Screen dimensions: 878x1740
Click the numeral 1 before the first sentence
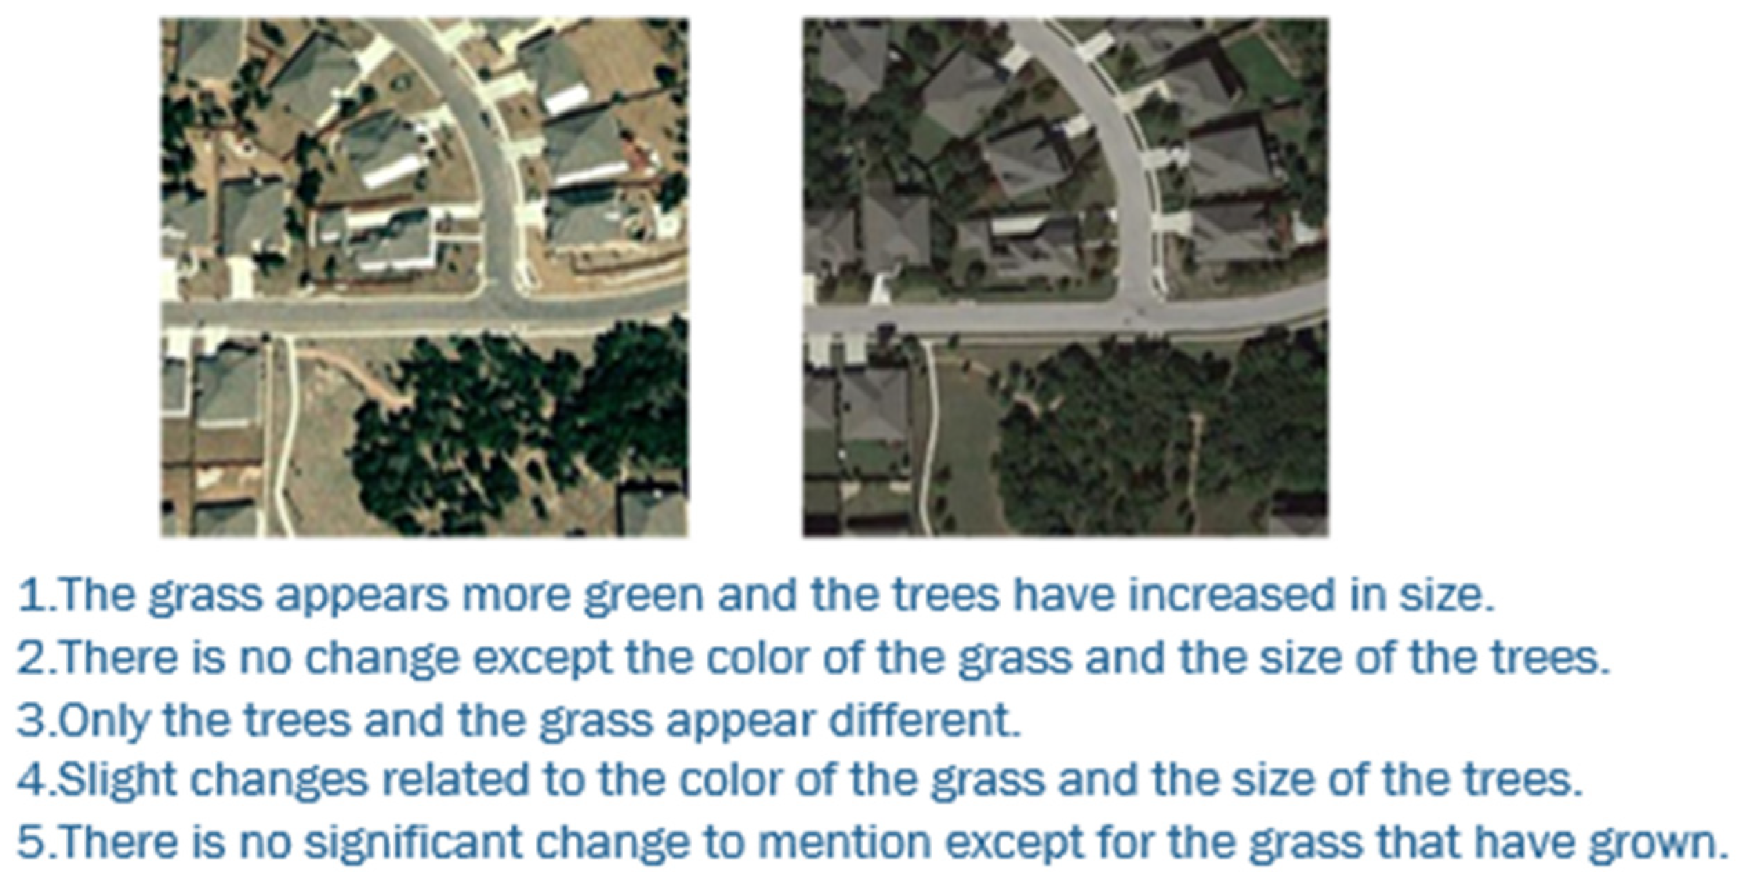pos(31,595)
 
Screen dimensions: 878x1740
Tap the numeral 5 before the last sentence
pos(31,841)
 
